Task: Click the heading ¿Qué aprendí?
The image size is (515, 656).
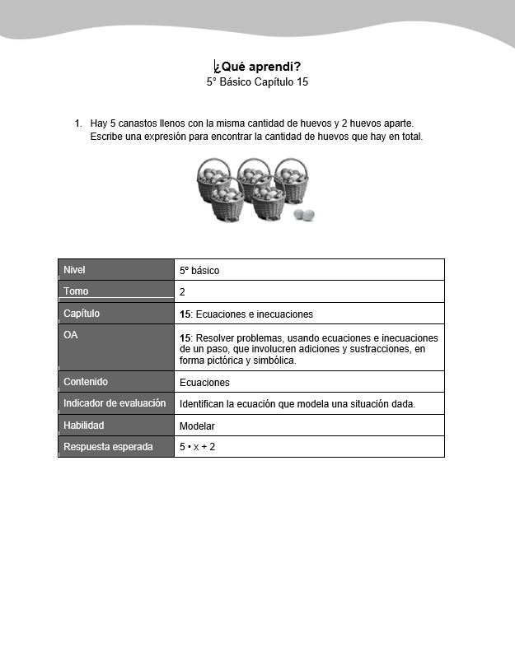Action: (257, 67)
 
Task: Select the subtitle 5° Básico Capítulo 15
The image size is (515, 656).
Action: (257, 82)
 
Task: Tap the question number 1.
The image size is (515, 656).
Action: (77, 123)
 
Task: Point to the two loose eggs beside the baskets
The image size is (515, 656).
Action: (304, 215)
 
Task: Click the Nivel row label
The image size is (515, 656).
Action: (74, 270)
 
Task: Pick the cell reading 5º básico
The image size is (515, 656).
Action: (199, 270)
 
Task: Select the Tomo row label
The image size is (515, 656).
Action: (76, 291)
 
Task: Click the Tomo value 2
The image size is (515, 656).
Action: (182, 292)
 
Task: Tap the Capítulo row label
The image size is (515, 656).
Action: (82, 314)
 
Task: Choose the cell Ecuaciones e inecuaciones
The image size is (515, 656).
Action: (246, 314)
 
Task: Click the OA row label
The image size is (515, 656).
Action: (71, 335)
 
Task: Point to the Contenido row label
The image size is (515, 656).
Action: (86, 382)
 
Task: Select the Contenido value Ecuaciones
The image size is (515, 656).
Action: (204, 383)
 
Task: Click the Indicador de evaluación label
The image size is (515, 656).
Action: (115, 403)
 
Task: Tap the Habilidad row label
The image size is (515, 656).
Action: (84, 426)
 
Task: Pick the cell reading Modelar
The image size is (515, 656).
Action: (197, 426)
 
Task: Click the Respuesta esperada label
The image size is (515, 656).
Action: (108, 447)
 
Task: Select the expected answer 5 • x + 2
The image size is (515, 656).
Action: (197, 447)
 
